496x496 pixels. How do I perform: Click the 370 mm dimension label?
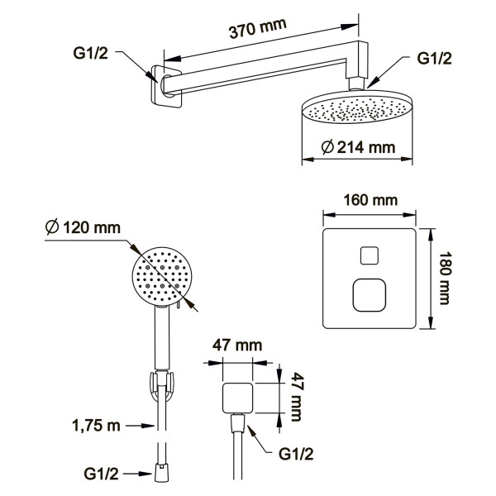pos(257,28)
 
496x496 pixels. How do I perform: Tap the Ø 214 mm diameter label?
pos(358,147)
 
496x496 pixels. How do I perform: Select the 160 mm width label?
pos(370,200)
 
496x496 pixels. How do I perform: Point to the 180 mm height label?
pos(445,278)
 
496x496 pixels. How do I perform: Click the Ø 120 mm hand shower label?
pos(83,227)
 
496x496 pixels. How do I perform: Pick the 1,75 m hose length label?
pos(97,425)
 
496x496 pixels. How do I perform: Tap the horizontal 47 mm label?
pos(237,345)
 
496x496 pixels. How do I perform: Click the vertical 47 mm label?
pos(297,397)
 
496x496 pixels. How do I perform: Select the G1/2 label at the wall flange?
pos(90,53)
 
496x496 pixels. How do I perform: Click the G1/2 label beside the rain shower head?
pos(434,59)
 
